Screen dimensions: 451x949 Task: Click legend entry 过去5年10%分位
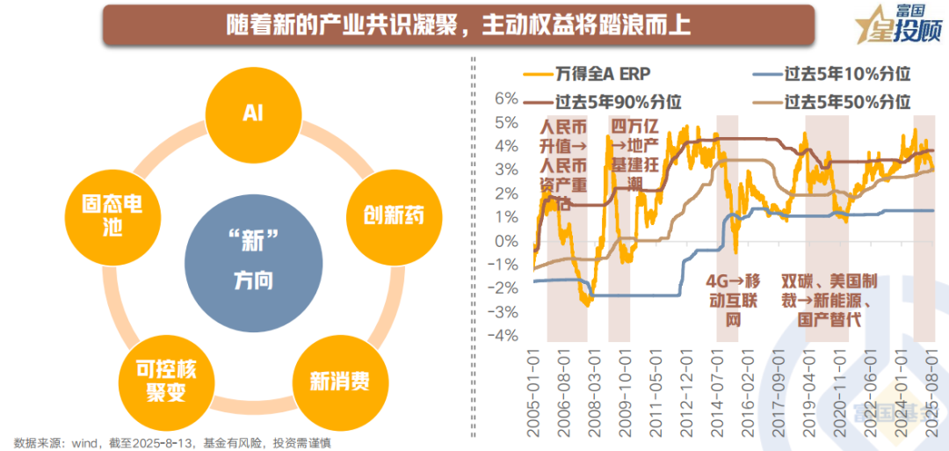(829, 74)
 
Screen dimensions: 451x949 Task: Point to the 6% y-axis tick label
(507, 98)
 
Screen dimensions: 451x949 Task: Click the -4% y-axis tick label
(504, 335)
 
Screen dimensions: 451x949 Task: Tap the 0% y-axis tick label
(507, 240)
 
